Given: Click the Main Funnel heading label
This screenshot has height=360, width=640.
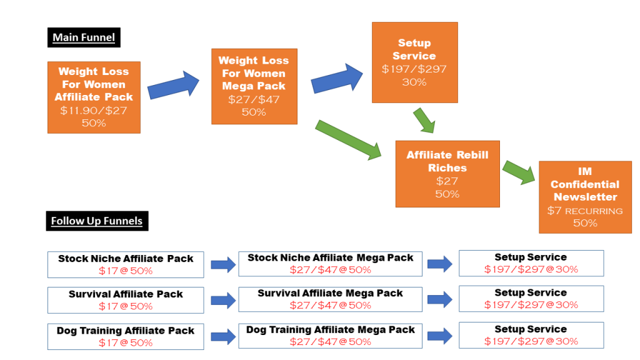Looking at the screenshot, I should pyautogui.click(x=84, y=37).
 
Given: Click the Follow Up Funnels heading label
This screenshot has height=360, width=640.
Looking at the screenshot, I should pyautogui.click(x=97, y=221).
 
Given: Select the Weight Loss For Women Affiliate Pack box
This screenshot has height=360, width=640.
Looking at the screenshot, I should pyautogui.click(x=94, y=97).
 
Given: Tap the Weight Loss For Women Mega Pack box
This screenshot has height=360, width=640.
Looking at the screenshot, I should pyautogui.click(x=254, y=86).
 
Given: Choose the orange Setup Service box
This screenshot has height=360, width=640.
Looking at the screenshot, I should pyautogui.click(x=414, y=62).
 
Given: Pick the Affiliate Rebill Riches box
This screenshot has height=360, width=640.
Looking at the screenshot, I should pyautogui.click(x=447, y=174).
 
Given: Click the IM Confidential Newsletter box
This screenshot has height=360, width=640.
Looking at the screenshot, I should pyautogui.click(x=585, y=196).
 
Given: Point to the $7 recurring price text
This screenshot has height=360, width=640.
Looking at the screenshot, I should pyautogui.click(x=585, y=211).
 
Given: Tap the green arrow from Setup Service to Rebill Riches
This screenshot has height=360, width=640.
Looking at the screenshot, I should pyautogui.click(x=424, y=120).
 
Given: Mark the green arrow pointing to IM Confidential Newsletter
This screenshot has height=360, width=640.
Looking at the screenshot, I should pyautogui.click(x=519, y=172).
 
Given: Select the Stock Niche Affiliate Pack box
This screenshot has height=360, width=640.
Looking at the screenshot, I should pyautogui.click(x=126, y=264).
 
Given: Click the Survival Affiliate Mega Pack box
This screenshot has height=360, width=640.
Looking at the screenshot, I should pyautogui.click(x=331, y=299).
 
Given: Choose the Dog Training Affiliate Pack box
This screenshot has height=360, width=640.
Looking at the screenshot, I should pyautogui.click(x=126, y=336).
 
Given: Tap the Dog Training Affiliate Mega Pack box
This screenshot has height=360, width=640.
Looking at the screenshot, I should pyautogui.click(x=331, y=336).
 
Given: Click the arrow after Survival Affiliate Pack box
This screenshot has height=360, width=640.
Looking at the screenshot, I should pyautogui.click(x=222, y=301).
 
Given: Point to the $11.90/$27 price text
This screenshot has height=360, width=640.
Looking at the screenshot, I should pyautogui.click(x=94, y=111).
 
